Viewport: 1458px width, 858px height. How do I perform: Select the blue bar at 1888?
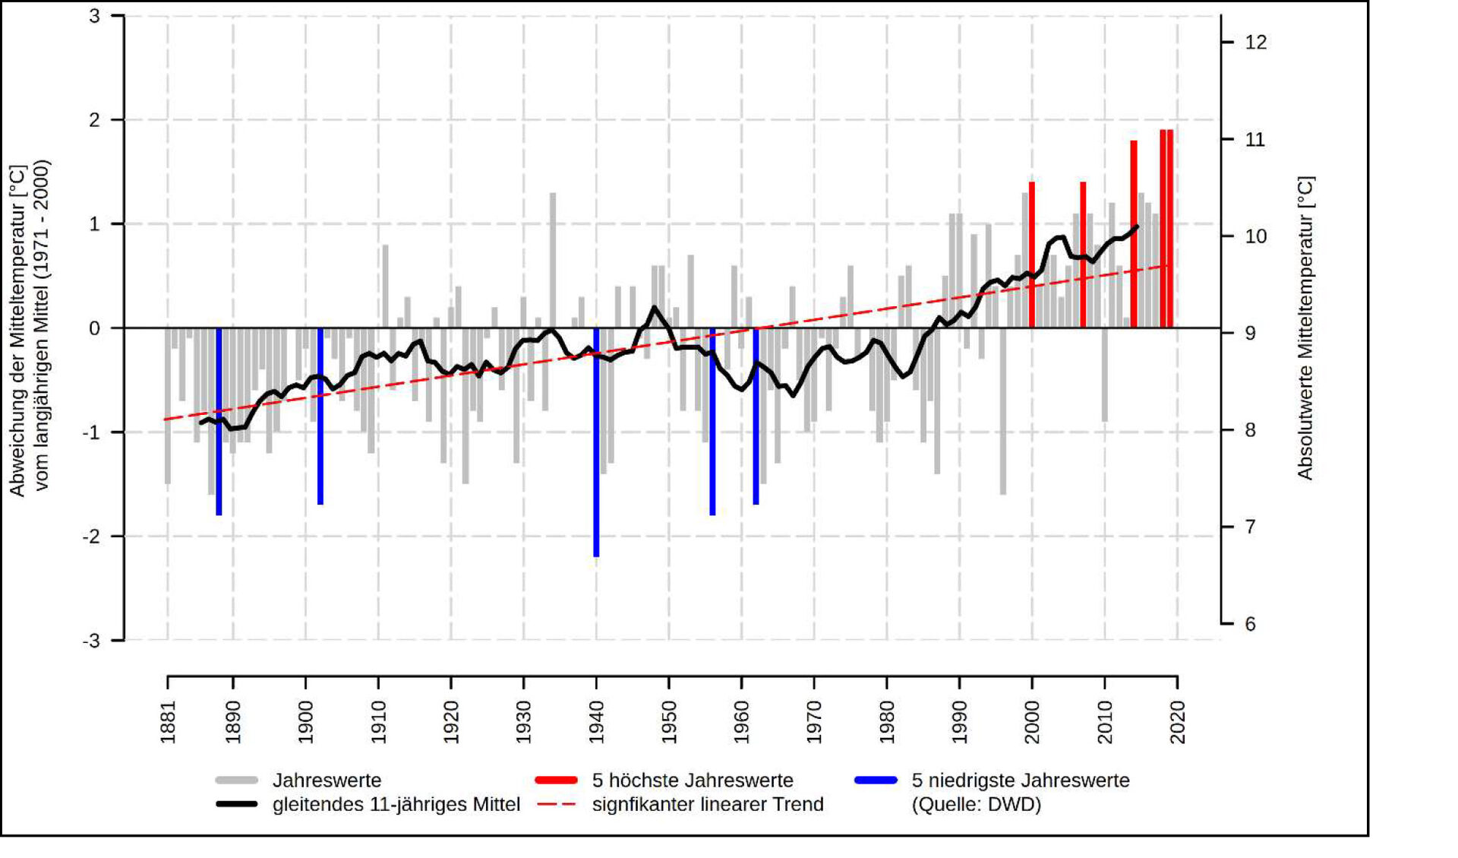tap(219, 422)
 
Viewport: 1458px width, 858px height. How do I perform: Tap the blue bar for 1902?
tap(320, 416)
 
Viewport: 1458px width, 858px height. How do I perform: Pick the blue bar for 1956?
tap(712, 422)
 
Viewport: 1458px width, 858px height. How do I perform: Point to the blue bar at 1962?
tap(756, 416)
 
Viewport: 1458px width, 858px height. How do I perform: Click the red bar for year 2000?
tap(1032, 255)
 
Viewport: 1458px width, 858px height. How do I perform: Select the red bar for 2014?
tap(1134, 234)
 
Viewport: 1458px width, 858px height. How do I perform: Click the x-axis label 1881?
tap(168, 722)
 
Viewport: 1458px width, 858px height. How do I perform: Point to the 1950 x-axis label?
tap(669, 722)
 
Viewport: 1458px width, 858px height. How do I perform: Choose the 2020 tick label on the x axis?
tap(1178, 722)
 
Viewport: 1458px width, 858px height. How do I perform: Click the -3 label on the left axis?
tap(92, 641)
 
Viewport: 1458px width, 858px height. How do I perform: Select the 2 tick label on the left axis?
tap(95, 120)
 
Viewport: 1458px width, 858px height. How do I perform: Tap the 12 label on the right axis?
tap(1256, 43)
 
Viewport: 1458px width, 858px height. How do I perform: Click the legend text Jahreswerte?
tap(327, 780)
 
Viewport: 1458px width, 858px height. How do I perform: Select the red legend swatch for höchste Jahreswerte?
tap(556, 780)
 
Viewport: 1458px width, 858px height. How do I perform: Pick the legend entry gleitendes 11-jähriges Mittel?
tap(396, 805)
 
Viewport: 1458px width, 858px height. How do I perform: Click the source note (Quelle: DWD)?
tap(976, 805)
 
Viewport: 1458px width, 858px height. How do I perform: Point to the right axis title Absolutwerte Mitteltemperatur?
tap(1305, 328)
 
